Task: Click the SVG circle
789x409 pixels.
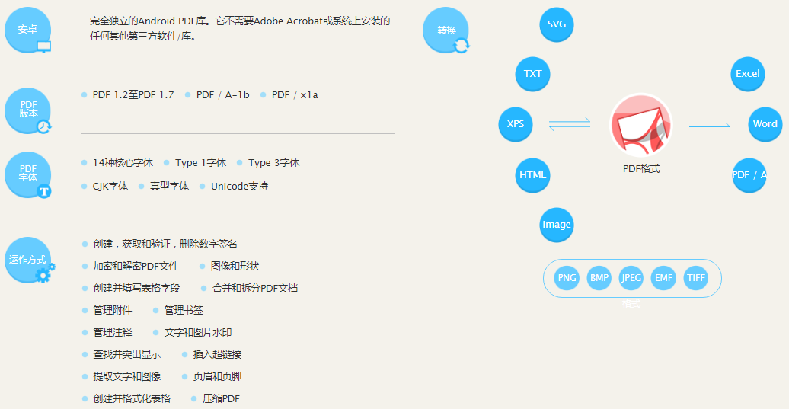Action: pyautogui.click(x=556, y=24)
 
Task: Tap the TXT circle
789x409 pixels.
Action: pyautogui.click(x=533, y=74)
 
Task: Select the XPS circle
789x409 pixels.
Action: pyautogui.click(x=516, y=124)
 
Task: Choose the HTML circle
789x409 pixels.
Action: pyautogui.click(x=533, y=175)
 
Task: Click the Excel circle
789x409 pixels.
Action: pyautogui.click(x=748, y=74)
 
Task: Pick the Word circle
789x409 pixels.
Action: pyautogui.click(x=765, y=124)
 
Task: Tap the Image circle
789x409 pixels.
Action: pyautogui.click(x=556, y=225)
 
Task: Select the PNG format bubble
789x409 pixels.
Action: pyautogui.click(x=567, y=278)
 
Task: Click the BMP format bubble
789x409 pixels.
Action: pyautogui.click(x=599, y=278)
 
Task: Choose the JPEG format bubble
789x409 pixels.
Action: pyautogui.click(x=631, y=278)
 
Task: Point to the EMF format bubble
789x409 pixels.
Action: pyautogui.click(x=664, y=278)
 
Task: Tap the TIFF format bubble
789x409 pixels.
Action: pyautogui.click(x=696, y=278)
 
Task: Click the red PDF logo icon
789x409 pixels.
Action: pyautogui.click(x=641, y=124)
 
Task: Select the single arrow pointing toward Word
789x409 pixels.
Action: pyautogui.click(x=710, y=126)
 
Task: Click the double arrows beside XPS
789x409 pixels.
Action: pyautogui.click(x=570, y=124)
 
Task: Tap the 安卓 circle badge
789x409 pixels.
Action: pyautogui.click(x=27, y=30)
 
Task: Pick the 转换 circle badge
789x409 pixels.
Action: pyautogui.click(x=446, y=30)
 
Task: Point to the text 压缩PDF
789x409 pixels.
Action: pyautogui.click(x=221, y=398)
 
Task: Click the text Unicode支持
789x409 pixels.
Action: pyautogui.click(x=239, y=186)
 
